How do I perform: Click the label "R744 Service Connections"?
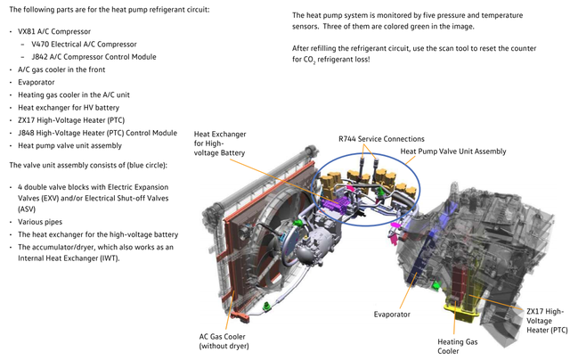click(381, 139)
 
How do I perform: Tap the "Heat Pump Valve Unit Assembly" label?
click(453, 151)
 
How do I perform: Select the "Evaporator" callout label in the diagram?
click(392, 315)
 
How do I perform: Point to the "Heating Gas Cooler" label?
click(457, 346)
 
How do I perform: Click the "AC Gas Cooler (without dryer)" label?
click(224, 341)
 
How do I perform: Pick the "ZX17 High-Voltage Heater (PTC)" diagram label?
click(547, 321)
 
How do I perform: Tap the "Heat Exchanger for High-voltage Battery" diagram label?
click(220, 143)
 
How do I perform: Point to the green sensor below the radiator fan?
click(268, 307)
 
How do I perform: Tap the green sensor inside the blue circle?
click(379, 192)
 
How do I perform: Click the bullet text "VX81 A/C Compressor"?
click(54, 32)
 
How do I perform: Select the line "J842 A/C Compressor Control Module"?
click(94, 57)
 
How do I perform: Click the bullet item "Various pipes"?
click(40, 222)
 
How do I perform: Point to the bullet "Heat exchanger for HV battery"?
click(69, 108)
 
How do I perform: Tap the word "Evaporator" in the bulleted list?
click(37, 82)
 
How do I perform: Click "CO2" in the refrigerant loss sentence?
click(309, 60)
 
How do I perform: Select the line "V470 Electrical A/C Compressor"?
click(84, 45)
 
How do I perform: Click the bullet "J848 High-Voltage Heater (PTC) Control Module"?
click(97, 133)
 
